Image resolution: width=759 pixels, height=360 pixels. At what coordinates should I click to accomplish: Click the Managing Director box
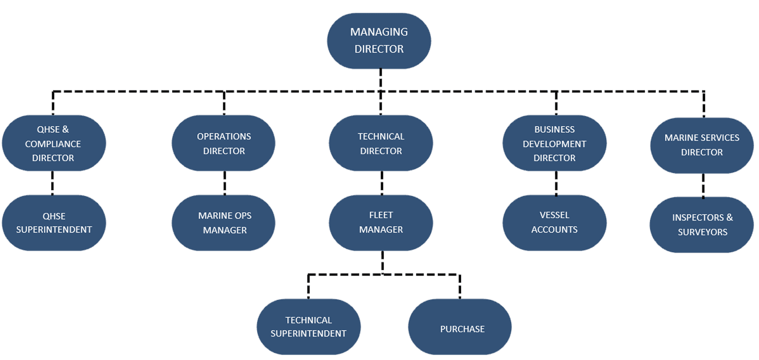(x=379, y=41)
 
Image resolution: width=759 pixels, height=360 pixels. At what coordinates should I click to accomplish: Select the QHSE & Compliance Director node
(x=53, y=143)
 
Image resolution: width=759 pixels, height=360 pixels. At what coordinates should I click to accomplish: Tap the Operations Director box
(x=223, y=143)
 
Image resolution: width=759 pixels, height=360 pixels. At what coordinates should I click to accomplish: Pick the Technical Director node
(x=381, y=143)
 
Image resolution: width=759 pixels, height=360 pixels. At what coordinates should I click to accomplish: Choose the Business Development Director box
(x=555, y=143)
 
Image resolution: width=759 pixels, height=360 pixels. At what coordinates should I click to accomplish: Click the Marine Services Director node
(x=702, y=145)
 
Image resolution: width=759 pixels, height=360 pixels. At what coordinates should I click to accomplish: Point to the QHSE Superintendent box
(x=54, y=223)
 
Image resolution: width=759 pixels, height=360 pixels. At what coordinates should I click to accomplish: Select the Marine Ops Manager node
(x=223, y=223)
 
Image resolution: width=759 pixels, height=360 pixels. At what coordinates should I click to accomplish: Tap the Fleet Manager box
(x=381, y=222)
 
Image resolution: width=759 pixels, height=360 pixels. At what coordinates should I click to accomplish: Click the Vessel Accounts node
(x=555, y=222)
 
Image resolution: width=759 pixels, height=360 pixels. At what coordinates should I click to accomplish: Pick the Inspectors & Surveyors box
(x=702, y=224)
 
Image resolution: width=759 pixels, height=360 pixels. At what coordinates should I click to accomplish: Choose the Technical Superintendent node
(x=308, y=327)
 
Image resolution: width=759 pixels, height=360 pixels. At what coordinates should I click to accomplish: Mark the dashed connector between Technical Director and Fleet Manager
(x=382, y=183)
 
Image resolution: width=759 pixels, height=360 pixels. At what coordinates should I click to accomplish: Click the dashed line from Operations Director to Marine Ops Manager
(x=224, y=183)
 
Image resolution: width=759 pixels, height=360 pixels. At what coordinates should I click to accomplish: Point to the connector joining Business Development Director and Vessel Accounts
(x=556, y=183)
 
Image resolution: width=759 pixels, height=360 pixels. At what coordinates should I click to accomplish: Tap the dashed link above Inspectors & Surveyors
(x=703, y=185)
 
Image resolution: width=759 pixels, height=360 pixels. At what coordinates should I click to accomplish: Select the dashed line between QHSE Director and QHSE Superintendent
(x=53, y=183)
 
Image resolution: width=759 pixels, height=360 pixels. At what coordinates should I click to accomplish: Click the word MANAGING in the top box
(x=379, y=32)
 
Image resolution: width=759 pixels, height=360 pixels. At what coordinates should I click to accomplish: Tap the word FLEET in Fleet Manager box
(x=381, y=215)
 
